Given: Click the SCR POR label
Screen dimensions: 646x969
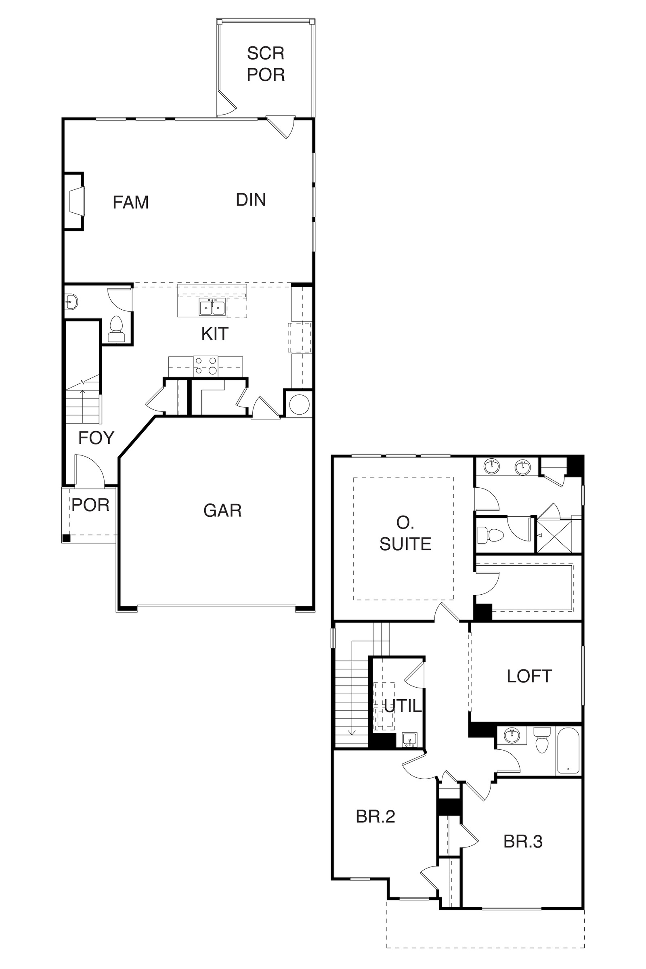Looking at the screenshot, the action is (266, 64).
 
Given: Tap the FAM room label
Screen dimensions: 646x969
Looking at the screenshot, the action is (130, 202).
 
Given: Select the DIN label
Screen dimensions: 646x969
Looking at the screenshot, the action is (251, 200).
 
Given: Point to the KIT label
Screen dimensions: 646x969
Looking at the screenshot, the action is (215, 334).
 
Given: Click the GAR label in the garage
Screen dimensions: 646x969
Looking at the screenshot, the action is (222, 510).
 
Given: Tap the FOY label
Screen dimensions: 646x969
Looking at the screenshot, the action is (96, 438).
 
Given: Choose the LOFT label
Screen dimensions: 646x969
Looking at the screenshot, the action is (529, 676).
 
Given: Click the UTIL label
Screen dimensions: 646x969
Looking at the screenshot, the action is (403, 706).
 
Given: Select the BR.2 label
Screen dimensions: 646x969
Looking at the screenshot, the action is (375, 816).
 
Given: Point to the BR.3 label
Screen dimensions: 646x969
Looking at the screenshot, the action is (523, 842).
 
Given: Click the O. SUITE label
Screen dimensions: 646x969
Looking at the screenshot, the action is (405, 533).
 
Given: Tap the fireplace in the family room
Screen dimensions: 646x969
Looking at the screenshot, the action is (74, 201).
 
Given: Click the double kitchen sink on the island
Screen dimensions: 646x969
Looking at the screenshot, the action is (212, 307).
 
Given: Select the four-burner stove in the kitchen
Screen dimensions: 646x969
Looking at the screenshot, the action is (206, 365).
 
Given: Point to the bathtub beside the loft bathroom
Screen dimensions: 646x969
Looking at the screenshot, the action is (568, 751).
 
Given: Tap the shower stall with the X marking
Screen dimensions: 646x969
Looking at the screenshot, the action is (554, 536).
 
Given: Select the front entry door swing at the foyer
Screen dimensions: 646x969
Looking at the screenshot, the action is (89, 470).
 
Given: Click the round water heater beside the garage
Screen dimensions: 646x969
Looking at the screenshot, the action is (299, 405).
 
